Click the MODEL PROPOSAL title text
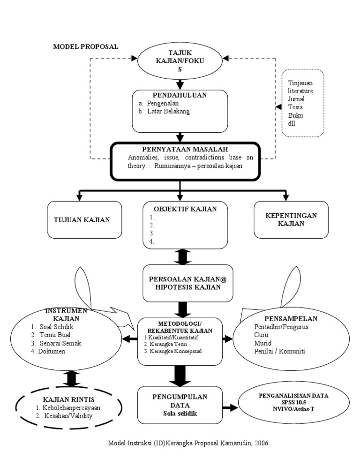(x=85, y=46)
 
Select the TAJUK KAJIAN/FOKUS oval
(x=180, y=61)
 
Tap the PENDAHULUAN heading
(x=180, y=95)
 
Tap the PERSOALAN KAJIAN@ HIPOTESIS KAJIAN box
(x=180, y=283)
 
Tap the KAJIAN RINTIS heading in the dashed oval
(x=69, y=399)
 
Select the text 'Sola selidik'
(x=180, y=414)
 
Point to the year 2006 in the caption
(x=262, y=443)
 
